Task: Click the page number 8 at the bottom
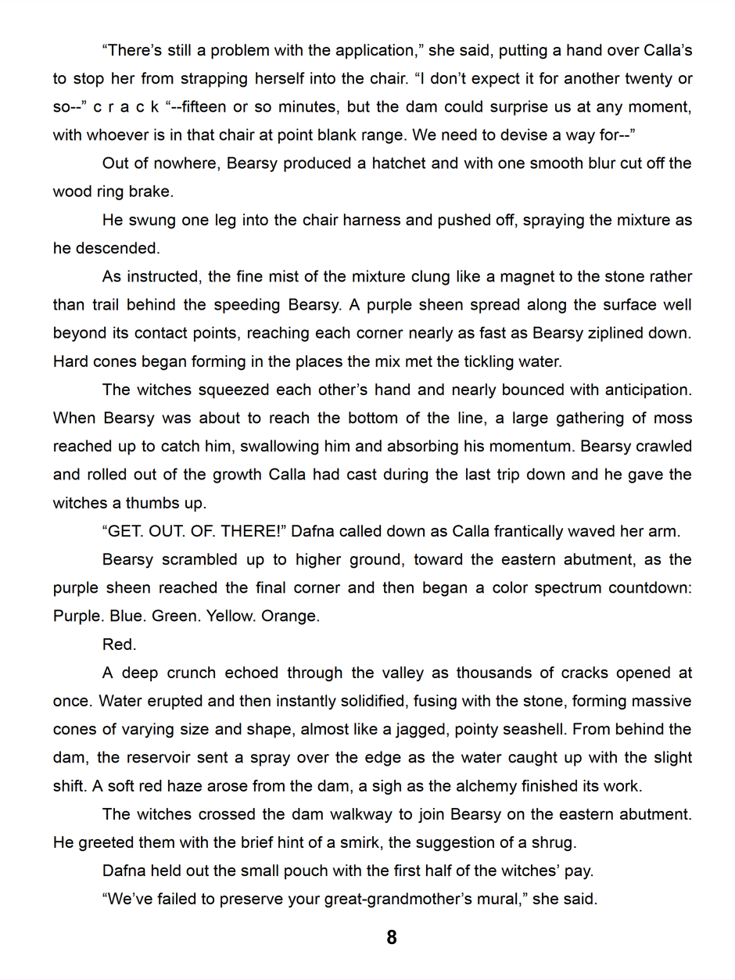pyautogui.click(x=392, y=937)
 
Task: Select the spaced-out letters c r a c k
pyautogui.click(x=126, y=107)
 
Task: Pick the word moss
pyautogui.click(x=675, y=418)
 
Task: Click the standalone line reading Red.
pyautogui.click(x=119, y=644)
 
